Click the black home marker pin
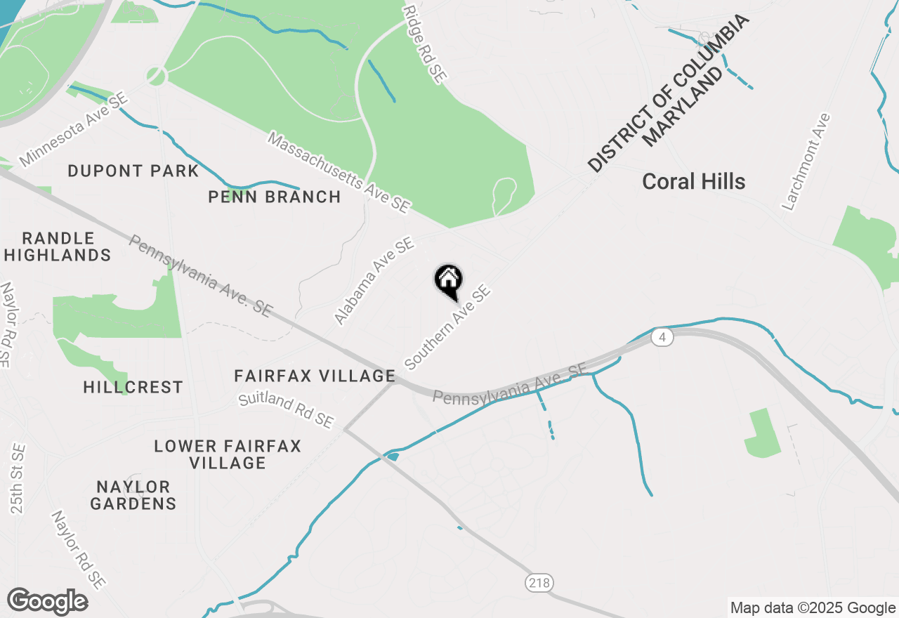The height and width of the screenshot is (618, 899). (x=448, y=282)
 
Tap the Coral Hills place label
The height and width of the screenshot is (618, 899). (x=693, y=182)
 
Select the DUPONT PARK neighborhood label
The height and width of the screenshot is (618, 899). (x=133, y=171)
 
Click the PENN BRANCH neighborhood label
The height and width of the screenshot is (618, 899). (x=275, y=197)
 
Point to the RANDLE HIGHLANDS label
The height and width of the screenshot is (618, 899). (x=58, y=246)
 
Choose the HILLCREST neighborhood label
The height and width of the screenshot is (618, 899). (x=133, y=387)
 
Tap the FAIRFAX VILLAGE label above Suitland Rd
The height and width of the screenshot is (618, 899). (x=315, y=376)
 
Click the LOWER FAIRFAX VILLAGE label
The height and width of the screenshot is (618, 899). (x=228, y=454)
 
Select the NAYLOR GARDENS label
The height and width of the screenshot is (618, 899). (x=133, y=495)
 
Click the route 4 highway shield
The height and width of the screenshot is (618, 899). (x=662, y=337)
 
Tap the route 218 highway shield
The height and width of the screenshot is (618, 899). (x=539, y=582)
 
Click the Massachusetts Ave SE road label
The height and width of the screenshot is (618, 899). (x=339, y=173)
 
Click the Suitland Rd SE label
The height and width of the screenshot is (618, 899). (x=286, y=410)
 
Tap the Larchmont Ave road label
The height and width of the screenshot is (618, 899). (x=806, y=162)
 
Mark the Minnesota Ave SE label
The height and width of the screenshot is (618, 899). (x=74, y=129)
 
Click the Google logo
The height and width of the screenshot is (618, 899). (x=47, y=602)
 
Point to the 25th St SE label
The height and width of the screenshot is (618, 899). (x=18, y=478)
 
